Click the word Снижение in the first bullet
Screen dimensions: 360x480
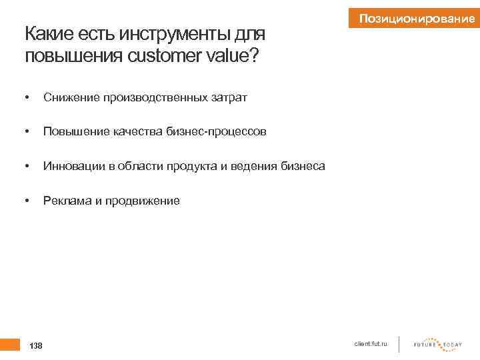pos(71,98)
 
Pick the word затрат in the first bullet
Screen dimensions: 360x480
pos(229,98)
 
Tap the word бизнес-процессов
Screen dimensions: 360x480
pos(211,132)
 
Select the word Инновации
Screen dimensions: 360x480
pos(72,166)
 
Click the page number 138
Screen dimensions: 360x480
pos(36,345)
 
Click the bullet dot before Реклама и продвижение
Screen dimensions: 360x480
pos(26,200)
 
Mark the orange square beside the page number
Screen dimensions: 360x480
pos(9,344)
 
